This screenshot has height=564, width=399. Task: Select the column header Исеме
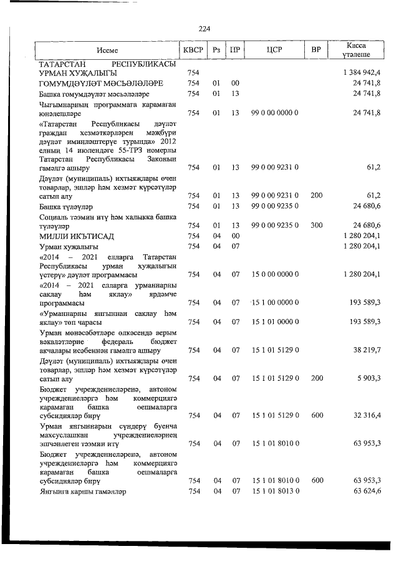107,50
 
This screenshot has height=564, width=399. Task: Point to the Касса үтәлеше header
357,50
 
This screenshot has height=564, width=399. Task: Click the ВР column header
316,50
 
